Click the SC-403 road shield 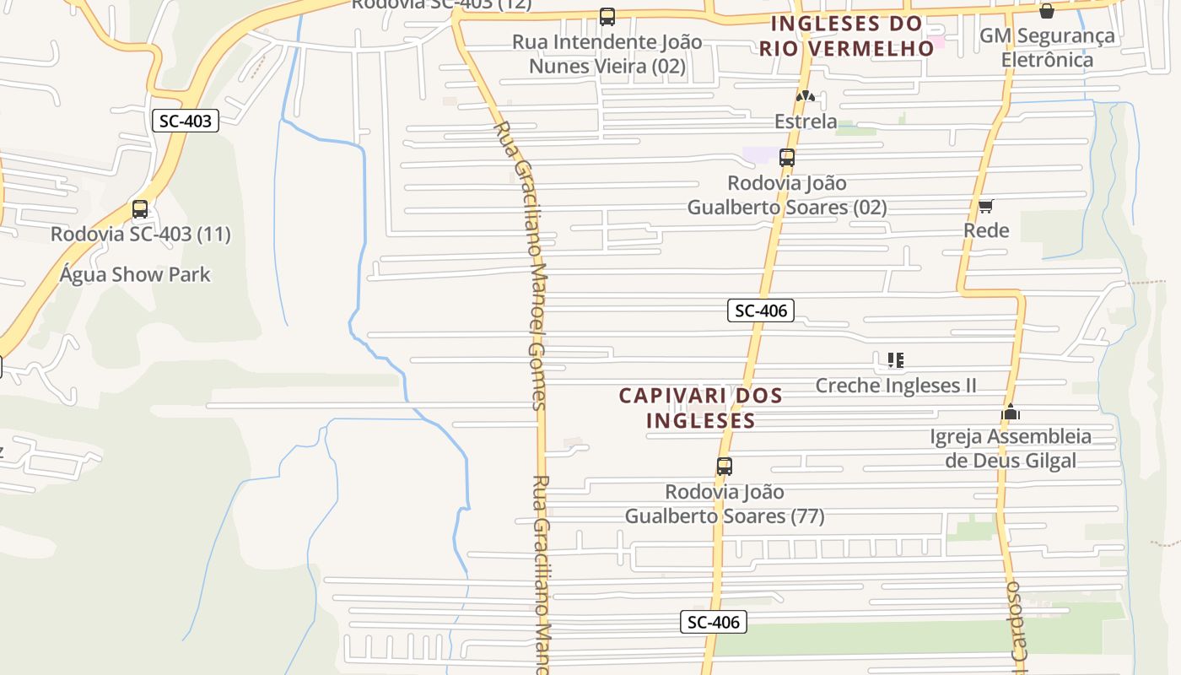[186, 121]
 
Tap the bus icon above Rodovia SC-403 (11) [140, 209]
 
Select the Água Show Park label [135, 274]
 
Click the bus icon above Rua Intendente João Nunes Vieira [607, 17]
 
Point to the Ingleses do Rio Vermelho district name [846, 35]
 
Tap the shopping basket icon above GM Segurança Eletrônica [1047, 11]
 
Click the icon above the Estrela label [806, 97]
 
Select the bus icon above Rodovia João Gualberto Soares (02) [787, 158]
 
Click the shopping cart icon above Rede [985, 206]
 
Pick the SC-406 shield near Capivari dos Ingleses [761, 310]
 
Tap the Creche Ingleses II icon [896, 361]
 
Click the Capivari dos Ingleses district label [700, 408]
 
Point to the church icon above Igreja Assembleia [1011, 413]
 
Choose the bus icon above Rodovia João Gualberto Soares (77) [724, 467]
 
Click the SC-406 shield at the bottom [714, 623]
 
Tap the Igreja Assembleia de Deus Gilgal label [1011, 448]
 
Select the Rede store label [986, 230]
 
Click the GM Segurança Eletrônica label [1047, 47]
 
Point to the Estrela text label [806, 121]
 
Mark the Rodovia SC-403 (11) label [140, 234]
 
